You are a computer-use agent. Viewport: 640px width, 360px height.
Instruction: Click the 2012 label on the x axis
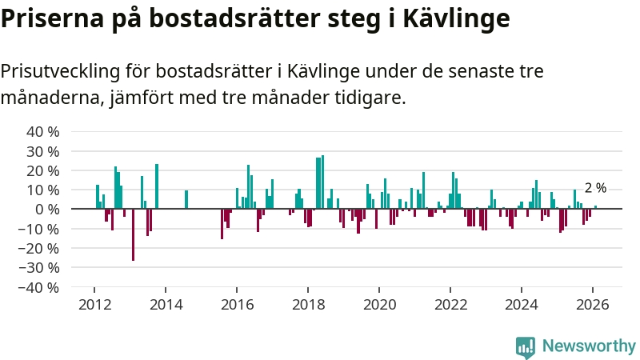click(94, 304)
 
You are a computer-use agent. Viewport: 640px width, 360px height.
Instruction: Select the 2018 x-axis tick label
click(308, 304)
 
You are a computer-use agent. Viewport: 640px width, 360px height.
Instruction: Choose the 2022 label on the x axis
click(450, 304)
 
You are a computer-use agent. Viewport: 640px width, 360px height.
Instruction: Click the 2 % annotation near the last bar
click(595, 188)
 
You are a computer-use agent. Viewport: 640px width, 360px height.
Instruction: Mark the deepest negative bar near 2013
click(133, 234)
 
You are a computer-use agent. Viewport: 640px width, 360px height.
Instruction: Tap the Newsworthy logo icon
click(526, 346)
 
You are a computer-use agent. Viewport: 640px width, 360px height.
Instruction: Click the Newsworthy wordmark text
click(589, 346)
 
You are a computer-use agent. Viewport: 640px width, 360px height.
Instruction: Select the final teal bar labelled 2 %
click(595, 207)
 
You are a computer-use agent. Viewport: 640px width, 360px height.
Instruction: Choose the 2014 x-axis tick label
click(166, 304)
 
